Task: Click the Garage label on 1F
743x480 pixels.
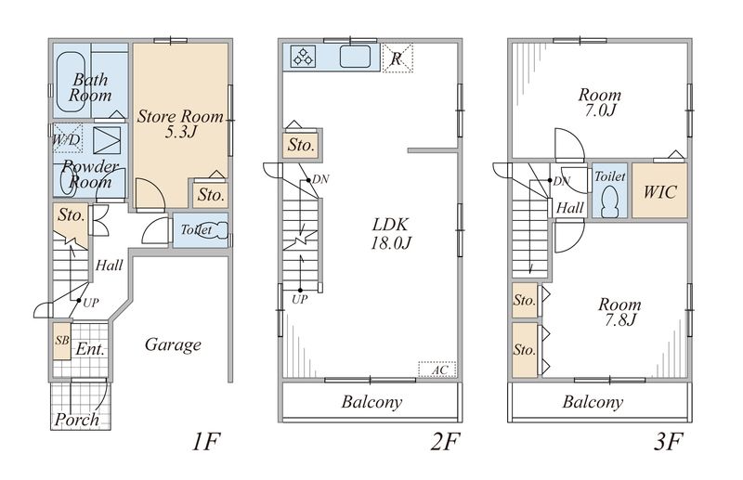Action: click(x=173, y=345)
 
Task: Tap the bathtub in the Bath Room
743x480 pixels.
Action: click(x=72, y=82)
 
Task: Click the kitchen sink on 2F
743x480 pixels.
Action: click(x=355, y=57)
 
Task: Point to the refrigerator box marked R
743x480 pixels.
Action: click(x=398, y=58)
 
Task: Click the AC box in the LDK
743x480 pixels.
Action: click(x=437, y=370)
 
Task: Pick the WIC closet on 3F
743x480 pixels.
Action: click(x=659, y=191)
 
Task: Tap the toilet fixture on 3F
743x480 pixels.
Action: click(x=610, y=201)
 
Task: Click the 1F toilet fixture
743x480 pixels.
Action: click(x=214, y=231)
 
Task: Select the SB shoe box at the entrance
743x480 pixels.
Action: click(x=61, y=341)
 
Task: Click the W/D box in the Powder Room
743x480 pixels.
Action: click(x=67, y=139)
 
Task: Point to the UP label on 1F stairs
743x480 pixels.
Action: click(x=90, y=303)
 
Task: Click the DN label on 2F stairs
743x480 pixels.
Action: click(x=320, y=179)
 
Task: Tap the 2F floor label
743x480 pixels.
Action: click(x=445, y=443)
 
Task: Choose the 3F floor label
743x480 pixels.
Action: click(x=668, y=443)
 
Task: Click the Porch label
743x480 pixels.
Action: click(x=77, y=420)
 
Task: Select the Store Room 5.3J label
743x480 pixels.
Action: click(x=180, y=124)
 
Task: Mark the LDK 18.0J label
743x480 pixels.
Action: click(x=390, y=234)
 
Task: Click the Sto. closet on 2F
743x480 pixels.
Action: click(x=300, y=145)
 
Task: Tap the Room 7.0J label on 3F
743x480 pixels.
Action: click(x=599, y=102)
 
